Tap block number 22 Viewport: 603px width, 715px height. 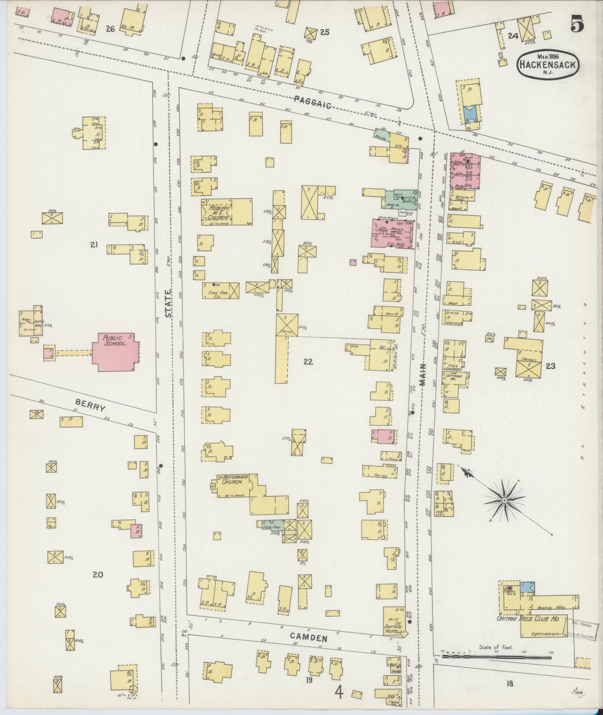coord(308,362)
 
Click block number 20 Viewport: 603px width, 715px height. coord(98,574)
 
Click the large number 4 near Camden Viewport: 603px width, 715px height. coord(339,693)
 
